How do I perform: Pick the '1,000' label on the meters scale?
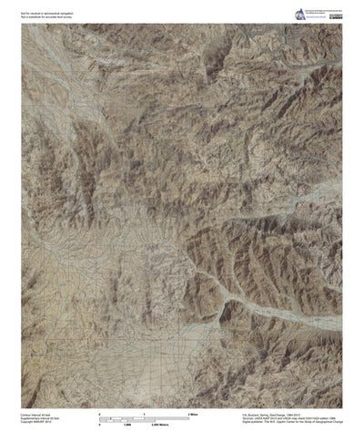coord(152,400)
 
